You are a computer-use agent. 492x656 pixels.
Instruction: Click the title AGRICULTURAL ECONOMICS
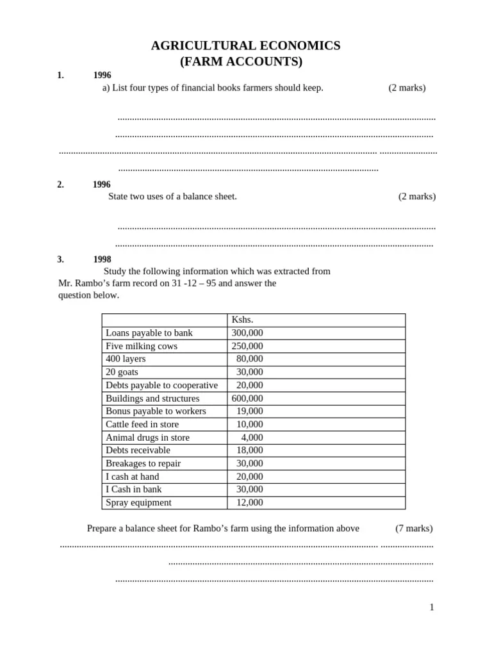point(245,45)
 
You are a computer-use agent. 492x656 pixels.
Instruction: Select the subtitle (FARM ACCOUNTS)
point(245,62)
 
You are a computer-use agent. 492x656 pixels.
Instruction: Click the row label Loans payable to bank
point(149,333)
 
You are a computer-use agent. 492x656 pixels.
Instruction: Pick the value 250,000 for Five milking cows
point(247,346)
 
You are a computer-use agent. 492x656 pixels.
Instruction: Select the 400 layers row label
point(126,359)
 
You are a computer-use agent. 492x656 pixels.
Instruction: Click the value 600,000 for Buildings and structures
point(247,398)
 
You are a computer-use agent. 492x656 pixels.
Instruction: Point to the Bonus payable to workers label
point(156,411)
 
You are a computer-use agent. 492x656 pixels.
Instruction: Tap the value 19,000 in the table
point(249,411)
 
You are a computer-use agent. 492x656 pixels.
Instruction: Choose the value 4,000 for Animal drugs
point(252,438)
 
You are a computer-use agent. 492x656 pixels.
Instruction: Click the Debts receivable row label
point(138,450)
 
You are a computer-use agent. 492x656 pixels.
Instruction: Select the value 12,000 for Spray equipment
point(249,503)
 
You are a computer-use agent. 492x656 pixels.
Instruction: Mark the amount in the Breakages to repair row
point(249,463)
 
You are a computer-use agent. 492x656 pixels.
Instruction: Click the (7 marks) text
point(414,529)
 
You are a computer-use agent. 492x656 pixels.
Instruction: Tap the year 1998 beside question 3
point(102,259)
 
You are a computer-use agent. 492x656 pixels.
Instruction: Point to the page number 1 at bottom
point(432,607)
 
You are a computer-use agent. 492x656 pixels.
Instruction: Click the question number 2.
point(60,184)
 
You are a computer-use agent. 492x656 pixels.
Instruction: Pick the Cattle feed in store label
point(142,424)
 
